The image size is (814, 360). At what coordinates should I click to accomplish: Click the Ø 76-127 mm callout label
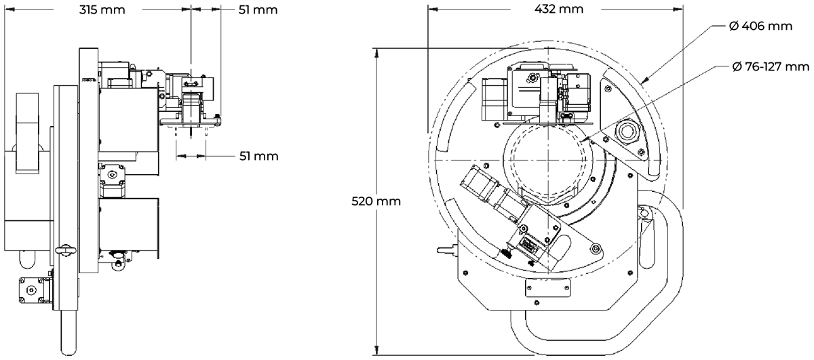(772, 66)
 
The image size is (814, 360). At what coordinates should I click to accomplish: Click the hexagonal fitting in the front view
(625, 129)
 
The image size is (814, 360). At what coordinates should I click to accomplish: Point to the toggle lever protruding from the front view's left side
(446, 249)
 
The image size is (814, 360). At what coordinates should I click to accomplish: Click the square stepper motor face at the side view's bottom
(30, 290)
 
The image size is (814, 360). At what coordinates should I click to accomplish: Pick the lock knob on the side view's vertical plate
(66, 251)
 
